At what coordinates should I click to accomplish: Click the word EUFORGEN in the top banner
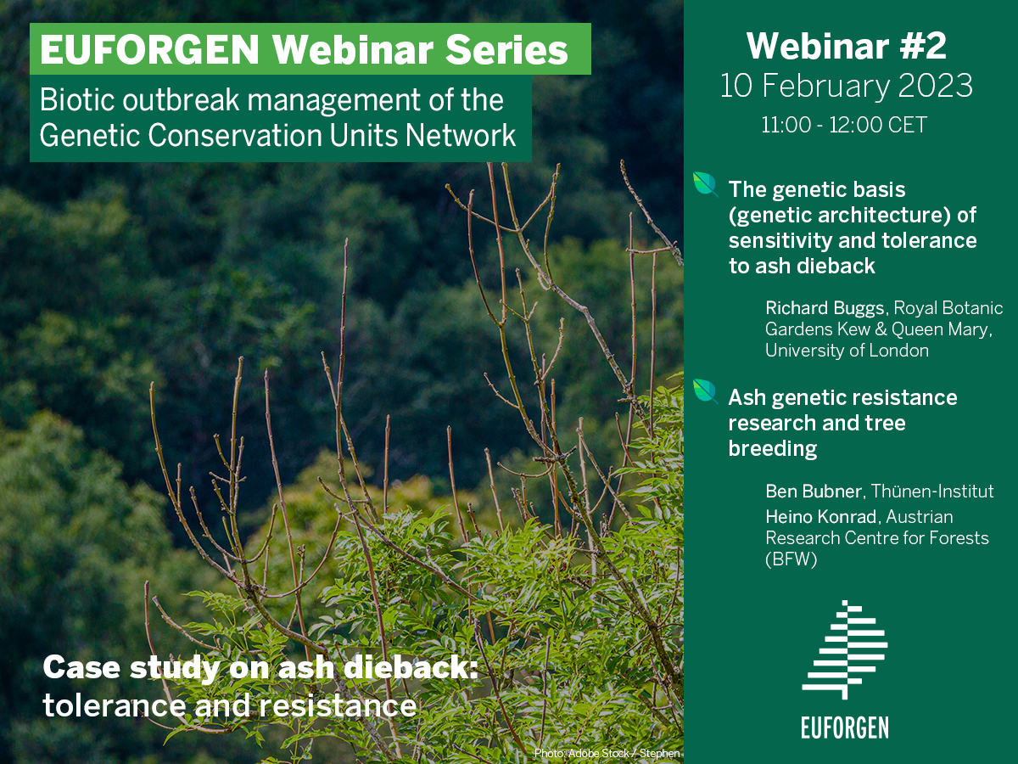(149, 49)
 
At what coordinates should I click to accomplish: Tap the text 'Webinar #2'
(847, 46)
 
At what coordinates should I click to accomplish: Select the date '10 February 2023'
(847, 86)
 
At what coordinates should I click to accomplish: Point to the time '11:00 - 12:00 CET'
(844, 126)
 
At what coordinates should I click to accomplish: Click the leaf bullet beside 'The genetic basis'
(706, 184)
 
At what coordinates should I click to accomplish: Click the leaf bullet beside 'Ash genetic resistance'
(706, 392)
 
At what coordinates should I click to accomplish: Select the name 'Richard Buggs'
(825, 308)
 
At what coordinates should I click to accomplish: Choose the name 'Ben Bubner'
(814, 492)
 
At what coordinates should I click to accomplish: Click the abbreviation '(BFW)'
(791, 559)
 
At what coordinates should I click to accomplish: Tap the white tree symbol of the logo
(845, 649)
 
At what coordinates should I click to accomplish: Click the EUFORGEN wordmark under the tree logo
(845, 727)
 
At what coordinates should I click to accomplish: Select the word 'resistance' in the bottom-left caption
(337, 705)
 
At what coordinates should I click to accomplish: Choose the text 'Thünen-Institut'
(931, 492)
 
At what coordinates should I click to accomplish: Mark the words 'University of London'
(847, 351)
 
